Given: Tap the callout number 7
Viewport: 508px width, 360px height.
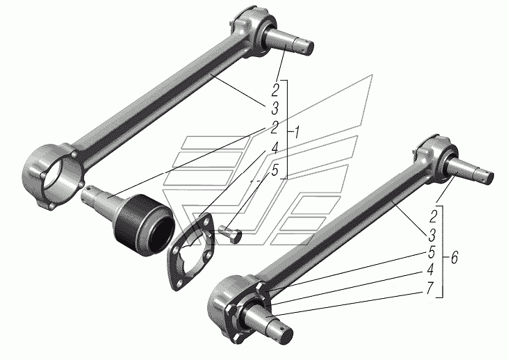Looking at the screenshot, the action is pyautogui.click(x=429, y=288).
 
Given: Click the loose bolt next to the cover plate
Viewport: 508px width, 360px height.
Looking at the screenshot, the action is pyautogui.click(x=230, y=234).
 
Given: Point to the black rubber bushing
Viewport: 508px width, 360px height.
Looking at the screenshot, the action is pyautogui.click(x=144, y=224).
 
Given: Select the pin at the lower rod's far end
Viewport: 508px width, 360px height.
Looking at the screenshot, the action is pyautogui.click(x=469, y=171).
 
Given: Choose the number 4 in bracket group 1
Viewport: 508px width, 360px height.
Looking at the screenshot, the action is pyautogui.click(x=275, y=149).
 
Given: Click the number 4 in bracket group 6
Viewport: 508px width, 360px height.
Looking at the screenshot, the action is pyautogui.click(x=430, y=269).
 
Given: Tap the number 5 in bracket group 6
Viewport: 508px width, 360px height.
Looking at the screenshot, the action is pyautogui.click(x=432, y=252).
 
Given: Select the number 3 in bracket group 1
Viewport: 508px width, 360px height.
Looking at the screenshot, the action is pyautogui.click(x=275, y=108).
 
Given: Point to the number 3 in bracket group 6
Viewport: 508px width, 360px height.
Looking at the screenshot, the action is pyautogui.click(x=432, y=235).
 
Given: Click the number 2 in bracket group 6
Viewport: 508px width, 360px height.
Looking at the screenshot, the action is pyautogui.click(x=433, y=216).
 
